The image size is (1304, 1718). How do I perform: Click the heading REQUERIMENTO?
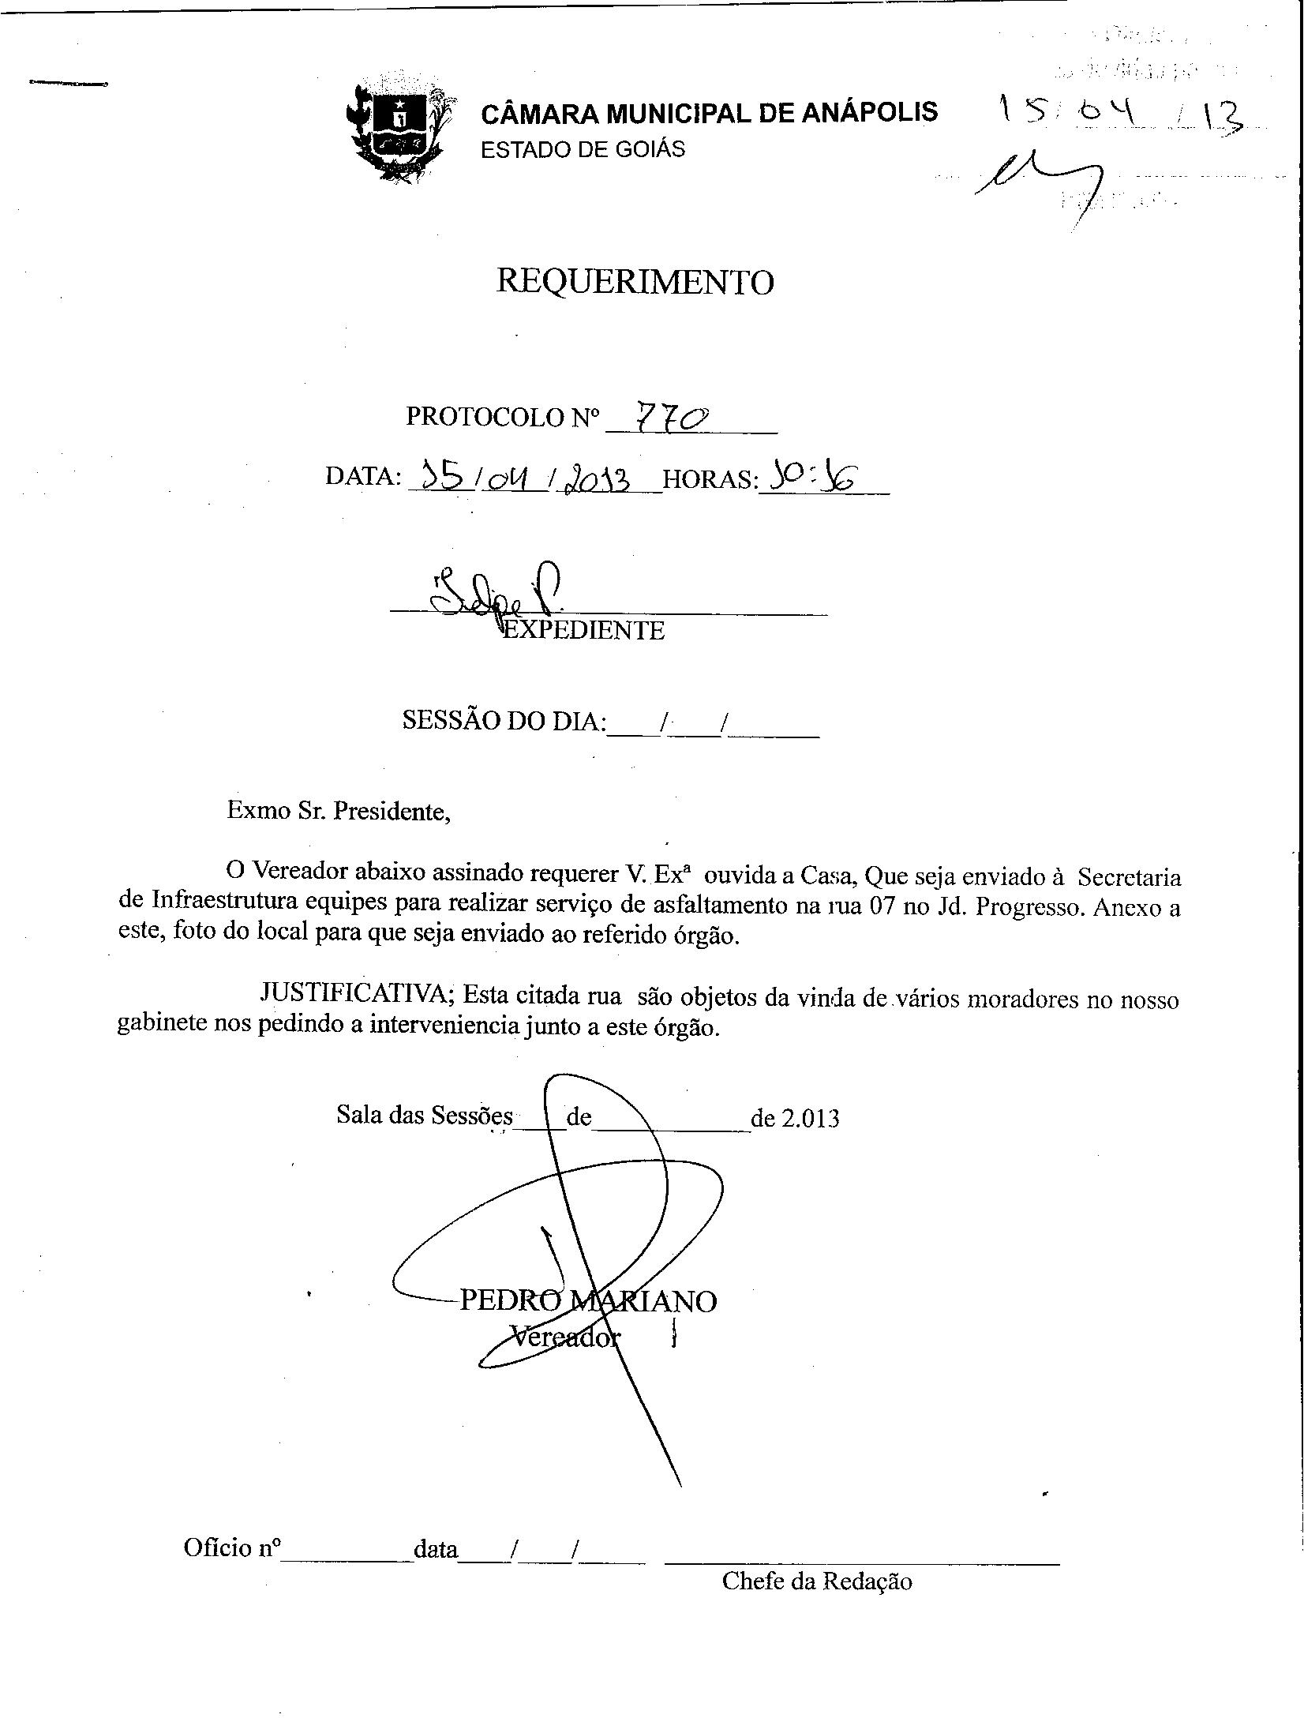[635, 282]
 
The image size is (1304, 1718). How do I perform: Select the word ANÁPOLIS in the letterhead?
[869, 113]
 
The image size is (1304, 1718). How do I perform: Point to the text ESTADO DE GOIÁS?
[583, 149]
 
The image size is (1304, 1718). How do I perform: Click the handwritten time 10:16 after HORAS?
[814, 478]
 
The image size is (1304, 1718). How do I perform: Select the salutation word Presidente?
[392, 811]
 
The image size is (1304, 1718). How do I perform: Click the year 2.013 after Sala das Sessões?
[810, 1118]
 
